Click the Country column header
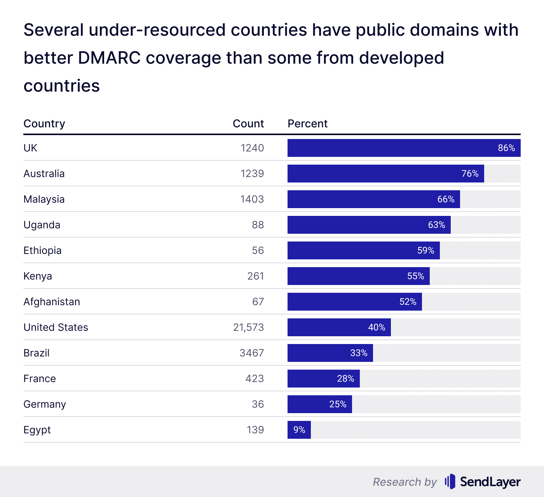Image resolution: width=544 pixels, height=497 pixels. click(x=44, y=123)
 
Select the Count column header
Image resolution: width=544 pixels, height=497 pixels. click(x=248, y=123)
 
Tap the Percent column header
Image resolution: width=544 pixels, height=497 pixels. click(x=307, y=123)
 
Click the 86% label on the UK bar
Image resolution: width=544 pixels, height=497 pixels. click(x=506, y=148)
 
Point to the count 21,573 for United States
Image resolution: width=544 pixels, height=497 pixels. click(x=248, y=327)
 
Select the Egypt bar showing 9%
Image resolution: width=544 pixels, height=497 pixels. click(x=299, y=430)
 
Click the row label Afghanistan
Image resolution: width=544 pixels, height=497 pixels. click(x=52, y=302)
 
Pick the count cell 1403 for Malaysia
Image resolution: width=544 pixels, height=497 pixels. click(x=252, y=199)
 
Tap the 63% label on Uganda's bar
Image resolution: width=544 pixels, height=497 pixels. click(x=436, y=225)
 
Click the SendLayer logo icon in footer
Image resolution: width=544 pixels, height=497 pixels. click(x=450, y=481)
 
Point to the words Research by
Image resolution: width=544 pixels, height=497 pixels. click(x=405, y=482)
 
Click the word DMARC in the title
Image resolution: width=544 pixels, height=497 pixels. click(x=109, y=58)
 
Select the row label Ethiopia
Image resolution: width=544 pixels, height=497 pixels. click(x=42, y=250)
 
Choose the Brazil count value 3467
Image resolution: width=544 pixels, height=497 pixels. click(x=251, y=353)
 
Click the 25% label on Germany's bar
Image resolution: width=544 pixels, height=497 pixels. click(x=338, y=404)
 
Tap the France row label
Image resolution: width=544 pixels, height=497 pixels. click(x=40, y=379)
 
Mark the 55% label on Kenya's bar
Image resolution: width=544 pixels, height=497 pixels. click(x=415, y=276)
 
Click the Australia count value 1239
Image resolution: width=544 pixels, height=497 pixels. click(x=252, y=174)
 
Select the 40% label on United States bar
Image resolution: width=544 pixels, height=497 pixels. click(x=377, y=327)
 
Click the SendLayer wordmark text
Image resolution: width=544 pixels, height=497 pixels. click(x=490, y=482)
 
